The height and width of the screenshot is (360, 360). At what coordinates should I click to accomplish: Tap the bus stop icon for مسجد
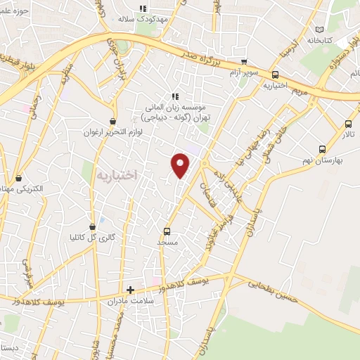[167, 231]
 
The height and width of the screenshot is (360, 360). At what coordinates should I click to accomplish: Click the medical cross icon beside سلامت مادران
[130, 289]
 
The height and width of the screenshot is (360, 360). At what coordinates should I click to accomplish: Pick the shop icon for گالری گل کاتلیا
[92, 226]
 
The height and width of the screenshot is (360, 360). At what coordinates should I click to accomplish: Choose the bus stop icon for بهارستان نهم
[322, 149]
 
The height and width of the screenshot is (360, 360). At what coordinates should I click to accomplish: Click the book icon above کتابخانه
[321, 30]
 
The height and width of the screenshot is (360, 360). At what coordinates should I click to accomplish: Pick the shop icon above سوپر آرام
[244, 61]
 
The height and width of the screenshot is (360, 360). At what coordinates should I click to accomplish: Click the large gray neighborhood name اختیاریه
[115, 173]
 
